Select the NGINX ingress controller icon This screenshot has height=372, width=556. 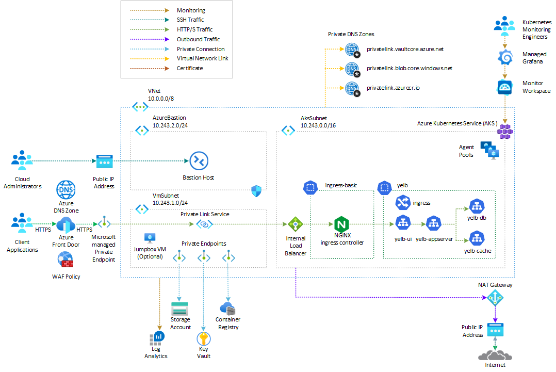342,224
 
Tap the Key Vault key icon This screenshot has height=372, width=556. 203,339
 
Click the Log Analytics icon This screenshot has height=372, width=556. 157,338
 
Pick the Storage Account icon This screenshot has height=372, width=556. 180,309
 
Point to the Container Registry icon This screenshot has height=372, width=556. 227,309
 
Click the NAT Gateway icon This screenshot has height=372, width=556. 495,298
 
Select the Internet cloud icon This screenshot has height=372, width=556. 495,355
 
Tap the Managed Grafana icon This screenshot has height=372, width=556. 505,57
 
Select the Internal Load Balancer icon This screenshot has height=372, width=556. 296,224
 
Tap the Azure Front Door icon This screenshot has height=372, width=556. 66,225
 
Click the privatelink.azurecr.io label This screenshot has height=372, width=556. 393,88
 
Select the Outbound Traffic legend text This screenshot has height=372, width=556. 198,39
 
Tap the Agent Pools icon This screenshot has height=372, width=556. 489,150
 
